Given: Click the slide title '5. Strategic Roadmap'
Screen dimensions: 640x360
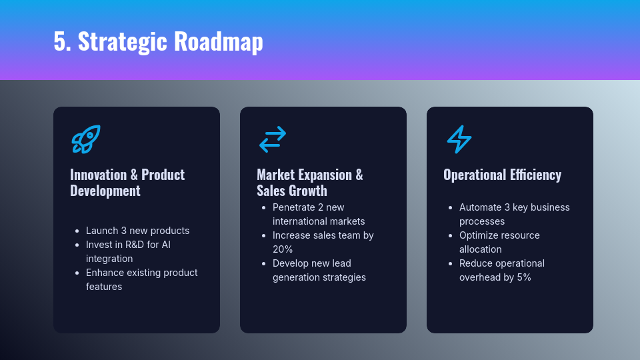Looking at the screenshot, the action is tap(159, 41).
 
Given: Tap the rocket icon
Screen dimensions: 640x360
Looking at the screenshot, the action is tap(86, 139).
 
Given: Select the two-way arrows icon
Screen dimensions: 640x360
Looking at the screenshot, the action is tap(273, 139).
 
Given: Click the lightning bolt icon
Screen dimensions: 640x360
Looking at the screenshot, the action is tap(459, 139).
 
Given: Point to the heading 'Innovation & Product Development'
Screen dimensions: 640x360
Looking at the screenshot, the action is tap(127, 183).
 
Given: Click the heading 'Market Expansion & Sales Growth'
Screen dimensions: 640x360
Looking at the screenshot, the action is tap(310, 183).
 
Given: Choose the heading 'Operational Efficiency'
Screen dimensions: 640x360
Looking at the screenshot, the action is tap(503, 175).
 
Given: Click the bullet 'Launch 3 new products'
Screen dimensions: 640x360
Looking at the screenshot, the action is tap(137, 231).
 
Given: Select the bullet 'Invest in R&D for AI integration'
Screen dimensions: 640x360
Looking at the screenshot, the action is tap(128, 251).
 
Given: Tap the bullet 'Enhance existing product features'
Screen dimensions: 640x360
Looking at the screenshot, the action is tap(141, 279).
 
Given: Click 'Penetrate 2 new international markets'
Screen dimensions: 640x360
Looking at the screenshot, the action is tap(319, 214).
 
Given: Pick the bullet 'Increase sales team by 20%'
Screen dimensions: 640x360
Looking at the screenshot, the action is tap(323, 242).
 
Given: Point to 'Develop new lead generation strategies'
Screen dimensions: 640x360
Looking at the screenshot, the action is tap(319, 270).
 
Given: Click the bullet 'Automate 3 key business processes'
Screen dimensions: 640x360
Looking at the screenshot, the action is tap(514, 214).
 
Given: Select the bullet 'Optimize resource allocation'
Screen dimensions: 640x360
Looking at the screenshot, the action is tap(499, 242).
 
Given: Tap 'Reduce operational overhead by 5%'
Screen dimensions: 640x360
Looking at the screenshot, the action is tap(502, 270).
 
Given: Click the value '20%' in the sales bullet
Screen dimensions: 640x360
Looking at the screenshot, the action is tap(283, 249).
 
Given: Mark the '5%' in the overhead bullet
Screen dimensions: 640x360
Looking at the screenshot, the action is tap(524, 277).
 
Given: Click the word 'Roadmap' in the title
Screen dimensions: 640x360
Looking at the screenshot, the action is tap(219, 42).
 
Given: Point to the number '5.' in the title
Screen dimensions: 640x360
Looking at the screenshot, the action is tap(63, 41).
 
